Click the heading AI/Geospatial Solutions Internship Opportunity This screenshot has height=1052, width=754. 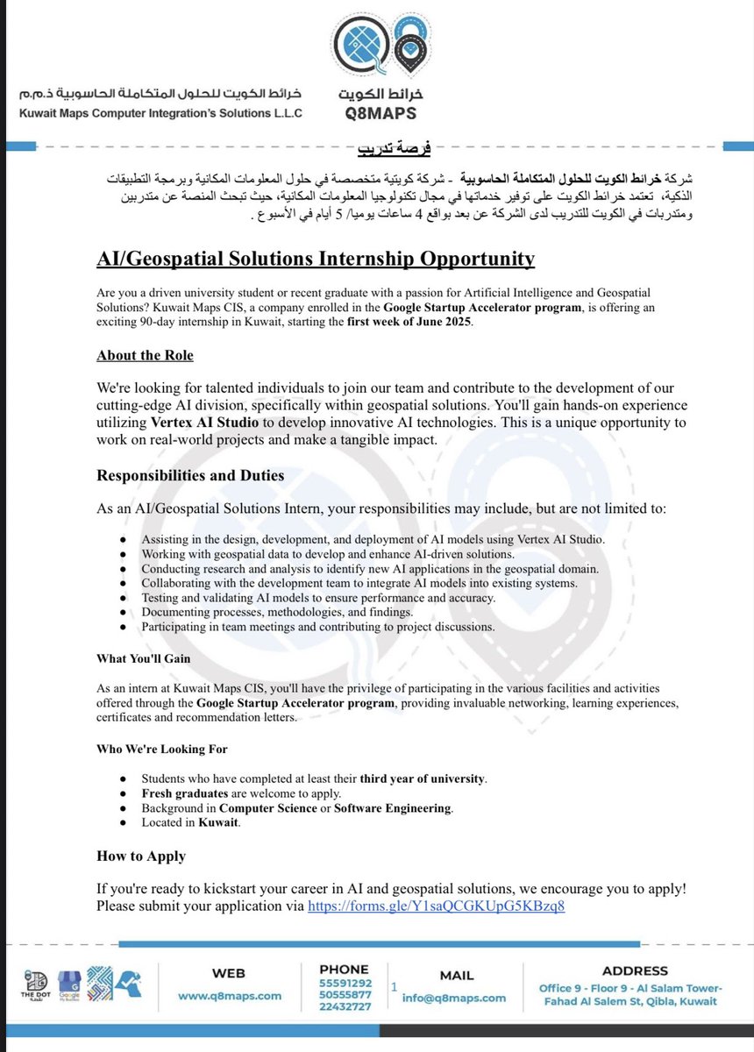click(x=316, y=259)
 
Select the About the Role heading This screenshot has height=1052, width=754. click(x=145, y=355)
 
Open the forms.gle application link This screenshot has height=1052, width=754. click(x=436, y=906)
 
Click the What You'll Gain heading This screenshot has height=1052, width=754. click(x=143, y=658)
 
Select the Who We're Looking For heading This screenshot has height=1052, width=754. click(x=162, y=749)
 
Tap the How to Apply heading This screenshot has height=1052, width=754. click(x=141, y=856)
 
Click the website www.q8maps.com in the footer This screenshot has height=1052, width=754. click(x=230, y=996)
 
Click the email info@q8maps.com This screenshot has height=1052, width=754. click(x=454, y=998)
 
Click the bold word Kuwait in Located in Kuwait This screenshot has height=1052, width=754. click(x=217, y=822)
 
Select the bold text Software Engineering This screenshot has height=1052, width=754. click(x=393, y=807)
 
